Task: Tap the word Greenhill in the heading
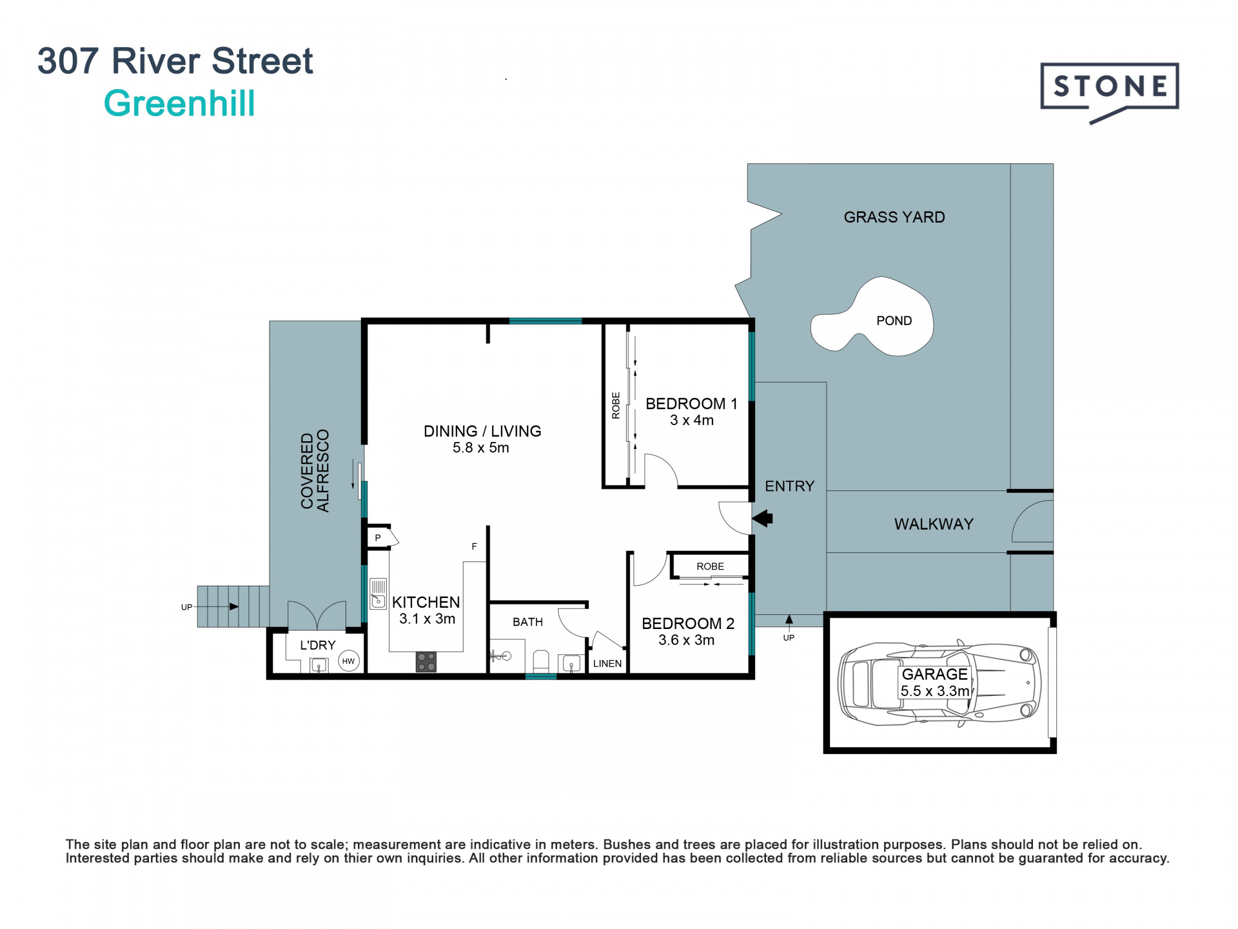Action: (179, 104)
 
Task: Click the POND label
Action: (894, 321)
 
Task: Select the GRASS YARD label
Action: (894, 217)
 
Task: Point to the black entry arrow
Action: (762, 518)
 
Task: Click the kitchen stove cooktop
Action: (426, 662)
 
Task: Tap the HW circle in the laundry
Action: (349, 661)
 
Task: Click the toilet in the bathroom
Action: (541, 662)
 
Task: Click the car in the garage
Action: (939, 683)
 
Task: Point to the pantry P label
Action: (378, 537)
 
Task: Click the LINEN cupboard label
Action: (607, 663)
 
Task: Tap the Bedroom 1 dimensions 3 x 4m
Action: (692, 421)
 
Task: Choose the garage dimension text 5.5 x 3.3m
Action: (935, 691)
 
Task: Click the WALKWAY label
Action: (934, 524)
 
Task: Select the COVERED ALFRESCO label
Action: (315, 471)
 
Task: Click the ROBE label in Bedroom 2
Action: (710, 566)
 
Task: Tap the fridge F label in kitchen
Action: (474, 546)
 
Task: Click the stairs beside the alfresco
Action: (233, 606)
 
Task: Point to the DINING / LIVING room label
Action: (482, 431)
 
